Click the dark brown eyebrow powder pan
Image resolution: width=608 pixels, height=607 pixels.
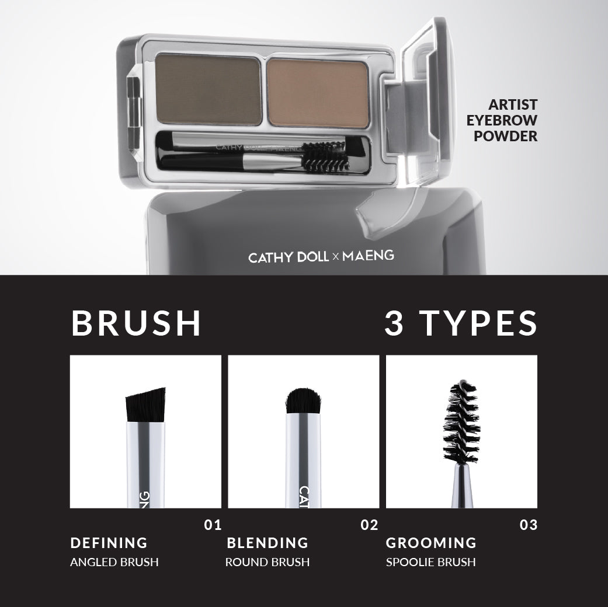click(x=209, y=90)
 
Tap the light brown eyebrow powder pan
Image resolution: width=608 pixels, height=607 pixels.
click(x=318, y=93)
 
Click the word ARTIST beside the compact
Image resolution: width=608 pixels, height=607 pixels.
click(x=513, y=104)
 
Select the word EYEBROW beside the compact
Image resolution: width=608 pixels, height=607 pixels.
click(x=502, y=121)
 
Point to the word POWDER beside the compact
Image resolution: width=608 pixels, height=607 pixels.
click(x=506, y=137)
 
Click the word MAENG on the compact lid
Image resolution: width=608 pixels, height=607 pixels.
click(x=368, y=256)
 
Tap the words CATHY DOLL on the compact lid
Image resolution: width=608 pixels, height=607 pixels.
click(x=289, y=257)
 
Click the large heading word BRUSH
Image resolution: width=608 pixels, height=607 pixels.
click(x=136, y=323)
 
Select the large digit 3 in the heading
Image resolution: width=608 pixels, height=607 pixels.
click(x=394, y=323)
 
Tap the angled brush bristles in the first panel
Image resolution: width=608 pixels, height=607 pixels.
click(x=146, y=404)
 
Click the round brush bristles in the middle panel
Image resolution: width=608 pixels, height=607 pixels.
click(x=303, y=401)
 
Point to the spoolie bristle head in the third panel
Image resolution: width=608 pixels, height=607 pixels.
click(x=461, y=422)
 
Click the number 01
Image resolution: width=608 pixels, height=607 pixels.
click(x=213, y=525)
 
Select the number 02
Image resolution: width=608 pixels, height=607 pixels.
click(x=369, y=525)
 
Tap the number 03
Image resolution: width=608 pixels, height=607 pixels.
click(x=529, y=525)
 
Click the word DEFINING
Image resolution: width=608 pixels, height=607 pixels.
click(x=109, y=543)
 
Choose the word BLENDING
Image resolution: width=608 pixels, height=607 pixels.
click(x=267, y=543)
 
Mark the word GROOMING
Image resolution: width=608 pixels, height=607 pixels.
click(x=431, y=543)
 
